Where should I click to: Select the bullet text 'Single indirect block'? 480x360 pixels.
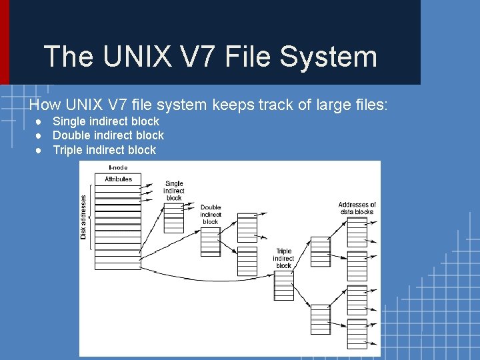click(x=105, y=121)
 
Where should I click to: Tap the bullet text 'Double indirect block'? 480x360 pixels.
click(x=108, y=135)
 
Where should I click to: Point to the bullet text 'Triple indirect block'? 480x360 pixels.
click(x=104, y=150)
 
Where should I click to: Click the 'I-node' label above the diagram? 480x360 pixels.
click(x=118, y=167)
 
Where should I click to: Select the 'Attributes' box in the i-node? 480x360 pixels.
click(x=118, y=179)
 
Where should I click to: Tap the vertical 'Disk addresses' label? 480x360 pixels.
click(x=84, y=217)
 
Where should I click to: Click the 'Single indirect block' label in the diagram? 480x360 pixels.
click(x=174, y=191)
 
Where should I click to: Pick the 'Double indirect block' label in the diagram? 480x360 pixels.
click(x=211, y=215)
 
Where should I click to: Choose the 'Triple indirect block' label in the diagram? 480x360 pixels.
click(x=283, y=259)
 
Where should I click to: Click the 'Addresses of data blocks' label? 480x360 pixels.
click(x=357, y=208)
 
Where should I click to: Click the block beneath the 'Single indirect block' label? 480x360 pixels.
click(x=173, y=218)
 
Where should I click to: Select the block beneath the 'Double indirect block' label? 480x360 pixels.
click(x=211, y=241)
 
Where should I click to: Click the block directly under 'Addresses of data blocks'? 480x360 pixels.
click(x=357, y=231)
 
